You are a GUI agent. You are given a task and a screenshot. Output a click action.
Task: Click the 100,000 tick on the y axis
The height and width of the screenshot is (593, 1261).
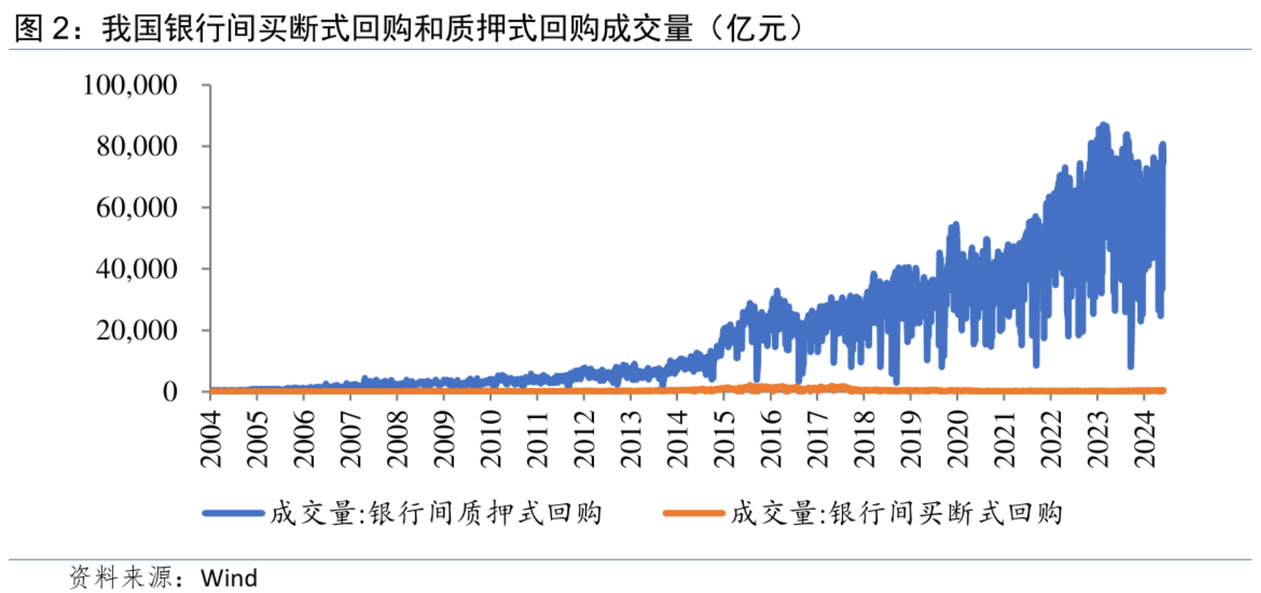tap(130, 85)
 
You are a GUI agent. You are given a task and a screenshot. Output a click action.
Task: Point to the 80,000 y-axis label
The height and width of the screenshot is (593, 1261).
tap(137, 146)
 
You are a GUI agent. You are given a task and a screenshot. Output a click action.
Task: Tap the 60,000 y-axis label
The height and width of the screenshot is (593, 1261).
tap(137, 207)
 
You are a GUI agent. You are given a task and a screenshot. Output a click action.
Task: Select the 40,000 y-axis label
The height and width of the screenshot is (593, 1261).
tap(137, 269)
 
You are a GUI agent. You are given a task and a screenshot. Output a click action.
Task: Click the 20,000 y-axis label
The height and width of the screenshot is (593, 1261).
tap(137, 330)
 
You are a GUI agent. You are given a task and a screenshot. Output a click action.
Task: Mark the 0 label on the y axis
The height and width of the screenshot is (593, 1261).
tap(170, 392)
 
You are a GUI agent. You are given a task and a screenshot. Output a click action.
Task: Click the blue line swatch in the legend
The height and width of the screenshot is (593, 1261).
tap(234, 513)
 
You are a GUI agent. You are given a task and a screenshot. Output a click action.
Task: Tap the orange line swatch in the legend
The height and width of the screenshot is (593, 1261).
tap(693, 513)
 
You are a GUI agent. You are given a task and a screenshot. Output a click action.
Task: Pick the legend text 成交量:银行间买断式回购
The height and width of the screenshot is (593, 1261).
tap(897, 513)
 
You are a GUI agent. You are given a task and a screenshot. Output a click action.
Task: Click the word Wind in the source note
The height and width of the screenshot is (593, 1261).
tap(228, 578)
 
